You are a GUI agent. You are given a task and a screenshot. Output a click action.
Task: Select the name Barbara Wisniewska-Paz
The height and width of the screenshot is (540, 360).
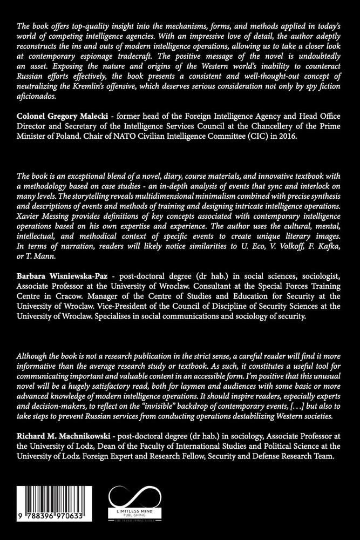coord(62,275)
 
